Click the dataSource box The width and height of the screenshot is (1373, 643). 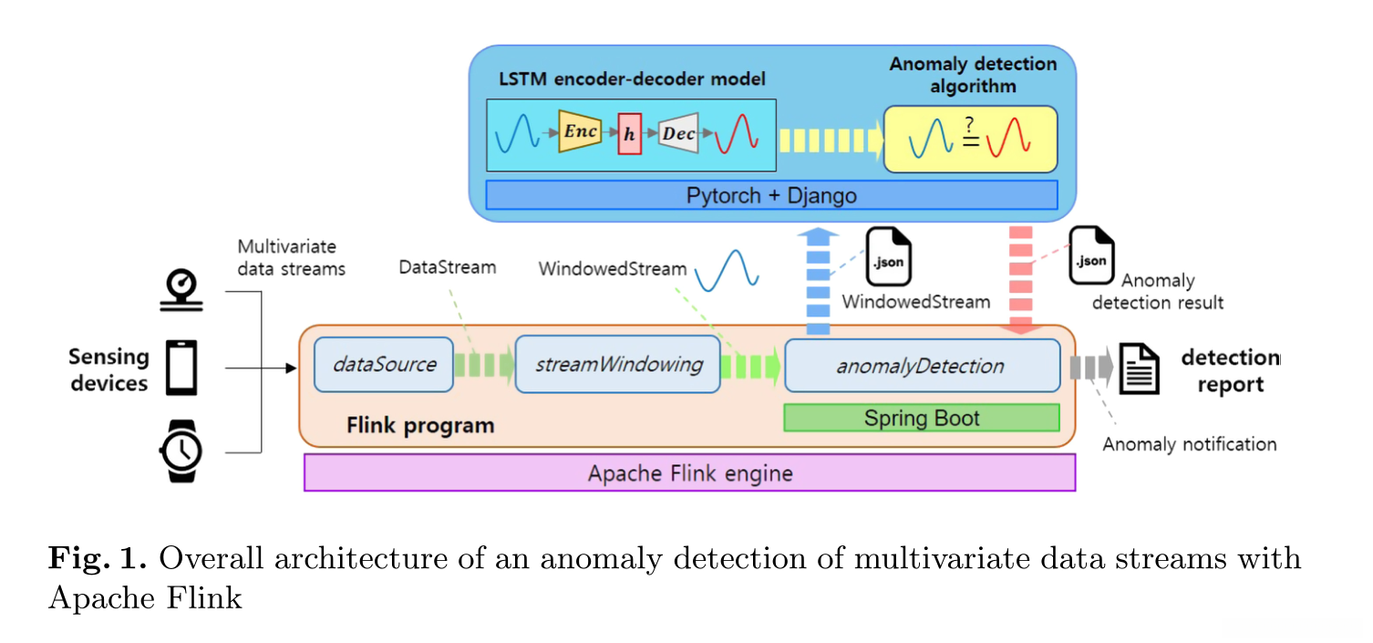(x=384, y=365)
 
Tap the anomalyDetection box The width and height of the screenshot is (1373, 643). (x=921, y=366)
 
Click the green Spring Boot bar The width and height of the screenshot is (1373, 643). (x=921, y=419)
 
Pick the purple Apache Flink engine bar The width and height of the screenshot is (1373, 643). (x=689, y=473)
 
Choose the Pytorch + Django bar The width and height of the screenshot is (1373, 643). (x=771, y=195)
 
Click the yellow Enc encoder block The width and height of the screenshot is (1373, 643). (x=580, y=132)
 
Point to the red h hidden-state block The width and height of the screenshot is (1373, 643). (x=629, y=134)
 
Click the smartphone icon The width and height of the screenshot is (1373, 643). (x=181, y=368)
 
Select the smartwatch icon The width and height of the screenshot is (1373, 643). (x=181, y=451)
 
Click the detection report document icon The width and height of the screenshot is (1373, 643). (x=1140, y=368)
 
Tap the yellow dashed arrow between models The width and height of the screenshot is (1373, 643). (x=830, y=140)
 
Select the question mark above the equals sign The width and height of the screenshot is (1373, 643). (x=969, y=123)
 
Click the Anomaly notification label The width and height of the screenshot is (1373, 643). (x=1189, y=444)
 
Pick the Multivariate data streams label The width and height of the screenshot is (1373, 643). (x=291, y=257)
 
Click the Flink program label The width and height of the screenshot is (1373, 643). (x=420, y=425)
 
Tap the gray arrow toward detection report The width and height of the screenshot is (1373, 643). (x=1091, y=368)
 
